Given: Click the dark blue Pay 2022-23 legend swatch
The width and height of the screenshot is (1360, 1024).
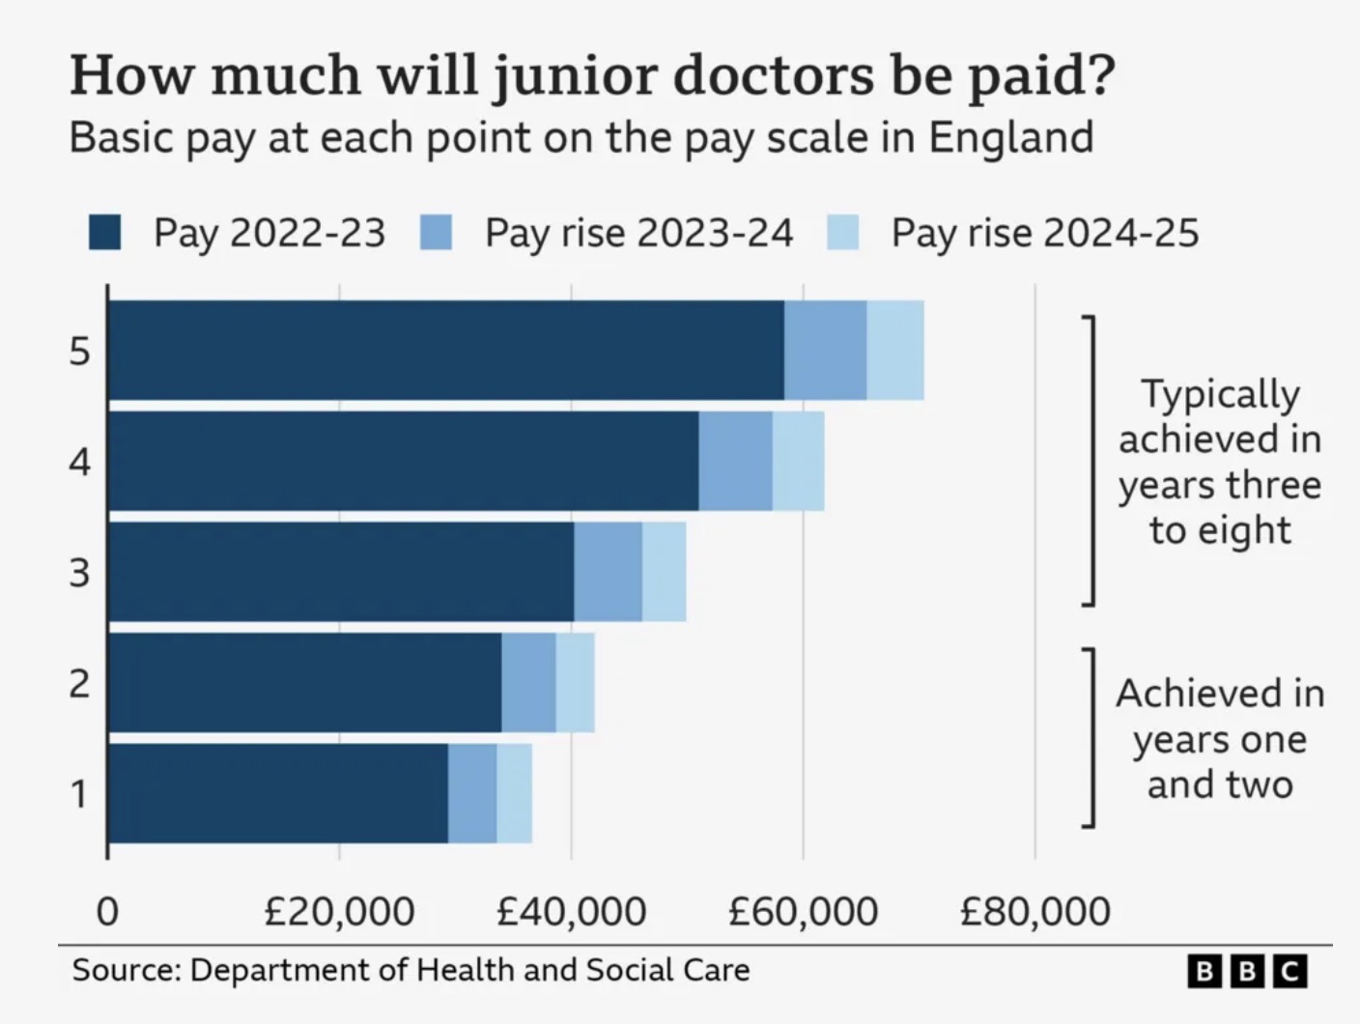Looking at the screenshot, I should click(104, 233).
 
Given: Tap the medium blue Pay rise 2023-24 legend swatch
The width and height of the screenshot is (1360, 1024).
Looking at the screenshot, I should click(436, 233).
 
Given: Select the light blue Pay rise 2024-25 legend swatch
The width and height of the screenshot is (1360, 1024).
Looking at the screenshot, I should click(842, 233).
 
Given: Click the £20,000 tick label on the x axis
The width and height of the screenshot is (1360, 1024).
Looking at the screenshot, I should click(339, 911).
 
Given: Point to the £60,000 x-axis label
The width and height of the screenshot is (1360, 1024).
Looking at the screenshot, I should click(803, 911).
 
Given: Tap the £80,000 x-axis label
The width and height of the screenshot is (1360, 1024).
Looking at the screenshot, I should click(1034, 911).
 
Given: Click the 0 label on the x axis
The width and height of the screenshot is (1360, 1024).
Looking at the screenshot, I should click(107, 911).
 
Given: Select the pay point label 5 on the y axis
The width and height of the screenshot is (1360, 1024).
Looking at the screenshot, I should click(79, 351).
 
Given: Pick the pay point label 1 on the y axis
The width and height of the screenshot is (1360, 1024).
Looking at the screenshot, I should click(79, 794).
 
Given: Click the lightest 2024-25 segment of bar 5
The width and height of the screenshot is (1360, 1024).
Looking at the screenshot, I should click(894, 350).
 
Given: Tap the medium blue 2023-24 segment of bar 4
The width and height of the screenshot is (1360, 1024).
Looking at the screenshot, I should click(735, 461).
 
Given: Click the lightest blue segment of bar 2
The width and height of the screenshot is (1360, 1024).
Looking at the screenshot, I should click(575, 683).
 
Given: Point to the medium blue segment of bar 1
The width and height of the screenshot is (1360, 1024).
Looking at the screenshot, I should click(472, 793).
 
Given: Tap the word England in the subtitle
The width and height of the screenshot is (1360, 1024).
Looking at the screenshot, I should click(1010, 137).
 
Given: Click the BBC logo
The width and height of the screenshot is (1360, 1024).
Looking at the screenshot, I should click(1246, 970).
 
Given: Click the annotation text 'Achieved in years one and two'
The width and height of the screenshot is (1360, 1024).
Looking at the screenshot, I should click(1219, 738).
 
